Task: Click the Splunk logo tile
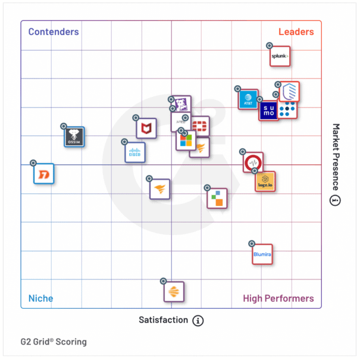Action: pyautogui.click(x=280, y=57)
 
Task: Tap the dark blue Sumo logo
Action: pyautogui.click(x=268, y=110)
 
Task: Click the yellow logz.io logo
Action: pyautogui.click(x=265, y=181)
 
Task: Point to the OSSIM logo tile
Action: pyautogui.click(x=74, y=137)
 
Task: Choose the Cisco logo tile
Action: pyautogui.click(x=135, y=152)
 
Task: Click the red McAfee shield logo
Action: pyautogui.click(x=146, y=128)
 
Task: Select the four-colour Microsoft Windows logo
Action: pyautogui.click(x=186, y=140)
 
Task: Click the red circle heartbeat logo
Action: pyautogui.click(x=253, y=162)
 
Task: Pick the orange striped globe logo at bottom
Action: pyautogui.click(x=174, y=292)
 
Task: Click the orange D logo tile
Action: pyautogui.click(x=44, y=174)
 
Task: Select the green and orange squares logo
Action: pyautogui.click(x=217, y=198)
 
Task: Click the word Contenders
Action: pyautogui.click(x=54, y=32)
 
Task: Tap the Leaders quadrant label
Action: pyautogui.click(x=296, y=32)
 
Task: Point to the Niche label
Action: pyautogui.click(x=41, y=298)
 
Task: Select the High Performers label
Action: pyautogui.click(x=278, y=298)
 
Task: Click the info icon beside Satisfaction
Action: pyautogui.click(x=198, y=320)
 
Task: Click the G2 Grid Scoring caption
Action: pyautogui.click(x=54, y=342)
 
